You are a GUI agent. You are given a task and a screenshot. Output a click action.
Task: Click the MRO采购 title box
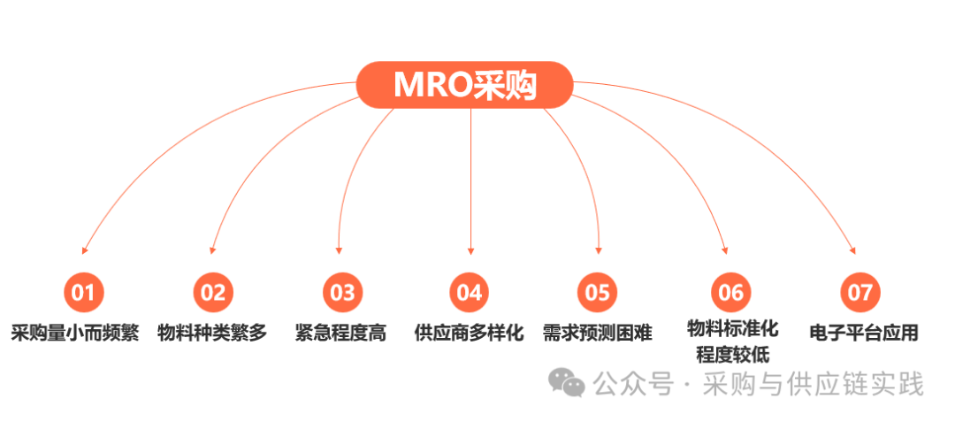[465, 84]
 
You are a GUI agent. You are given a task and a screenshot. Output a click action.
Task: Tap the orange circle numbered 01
[83, 292]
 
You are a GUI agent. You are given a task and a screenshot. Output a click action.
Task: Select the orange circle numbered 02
[212, 292]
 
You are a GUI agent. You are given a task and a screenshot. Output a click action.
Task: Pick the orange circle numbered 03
[341, 292]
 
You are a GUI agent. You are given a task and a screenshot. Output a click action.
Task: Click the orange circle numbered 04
[470, 292]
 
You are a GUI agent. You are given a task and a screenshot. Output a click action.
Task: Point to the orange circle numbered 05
[598, 292]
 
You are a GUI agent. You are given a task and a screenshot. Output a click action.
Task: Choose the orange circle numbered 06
[731, 292]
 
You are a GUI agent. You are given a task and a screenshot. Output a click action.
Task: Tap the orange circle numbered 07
[859, 292]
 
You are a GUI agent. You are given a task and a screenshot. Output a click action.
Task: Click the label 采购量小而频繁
[75, 334]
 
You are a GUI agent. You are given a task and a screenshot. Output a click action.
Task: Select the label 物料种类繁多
[212, 334]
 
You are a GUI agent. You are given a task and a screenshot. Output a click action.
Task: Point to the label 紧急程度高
[340, 334]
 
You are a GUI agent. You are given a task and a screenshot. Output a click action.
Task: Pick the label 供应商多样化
[470, 334]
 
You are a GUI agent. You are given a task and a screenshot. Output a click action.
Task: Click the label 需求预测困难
[598, 334]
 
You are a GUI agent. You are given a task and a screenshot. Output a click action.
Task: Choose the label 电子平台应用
[864, 334]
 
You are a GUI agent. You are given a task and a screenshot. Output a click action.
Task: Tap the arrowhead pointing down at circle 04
[470, 249]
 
